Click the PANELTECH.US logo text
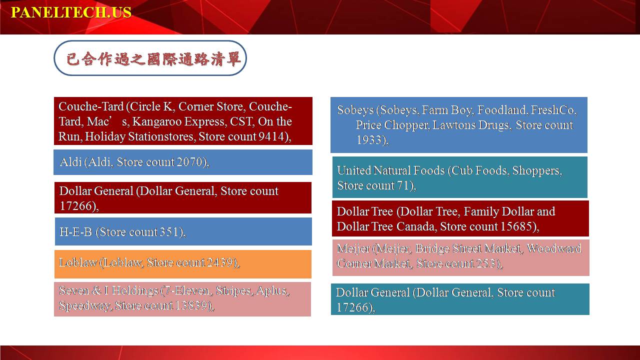click(x=71, y=12)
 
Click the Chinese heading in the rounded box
click(x=153, y=59)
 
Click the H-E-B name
click(x=75, y=231)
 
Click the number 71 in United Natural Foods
click(x=403, y=185)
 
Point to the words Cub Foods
click(x=480, y=170)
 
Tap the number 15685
click(x=516, y=226)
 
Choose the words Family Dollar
click(x=495, y=211)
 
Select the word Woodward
click(x=554, y=248)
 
